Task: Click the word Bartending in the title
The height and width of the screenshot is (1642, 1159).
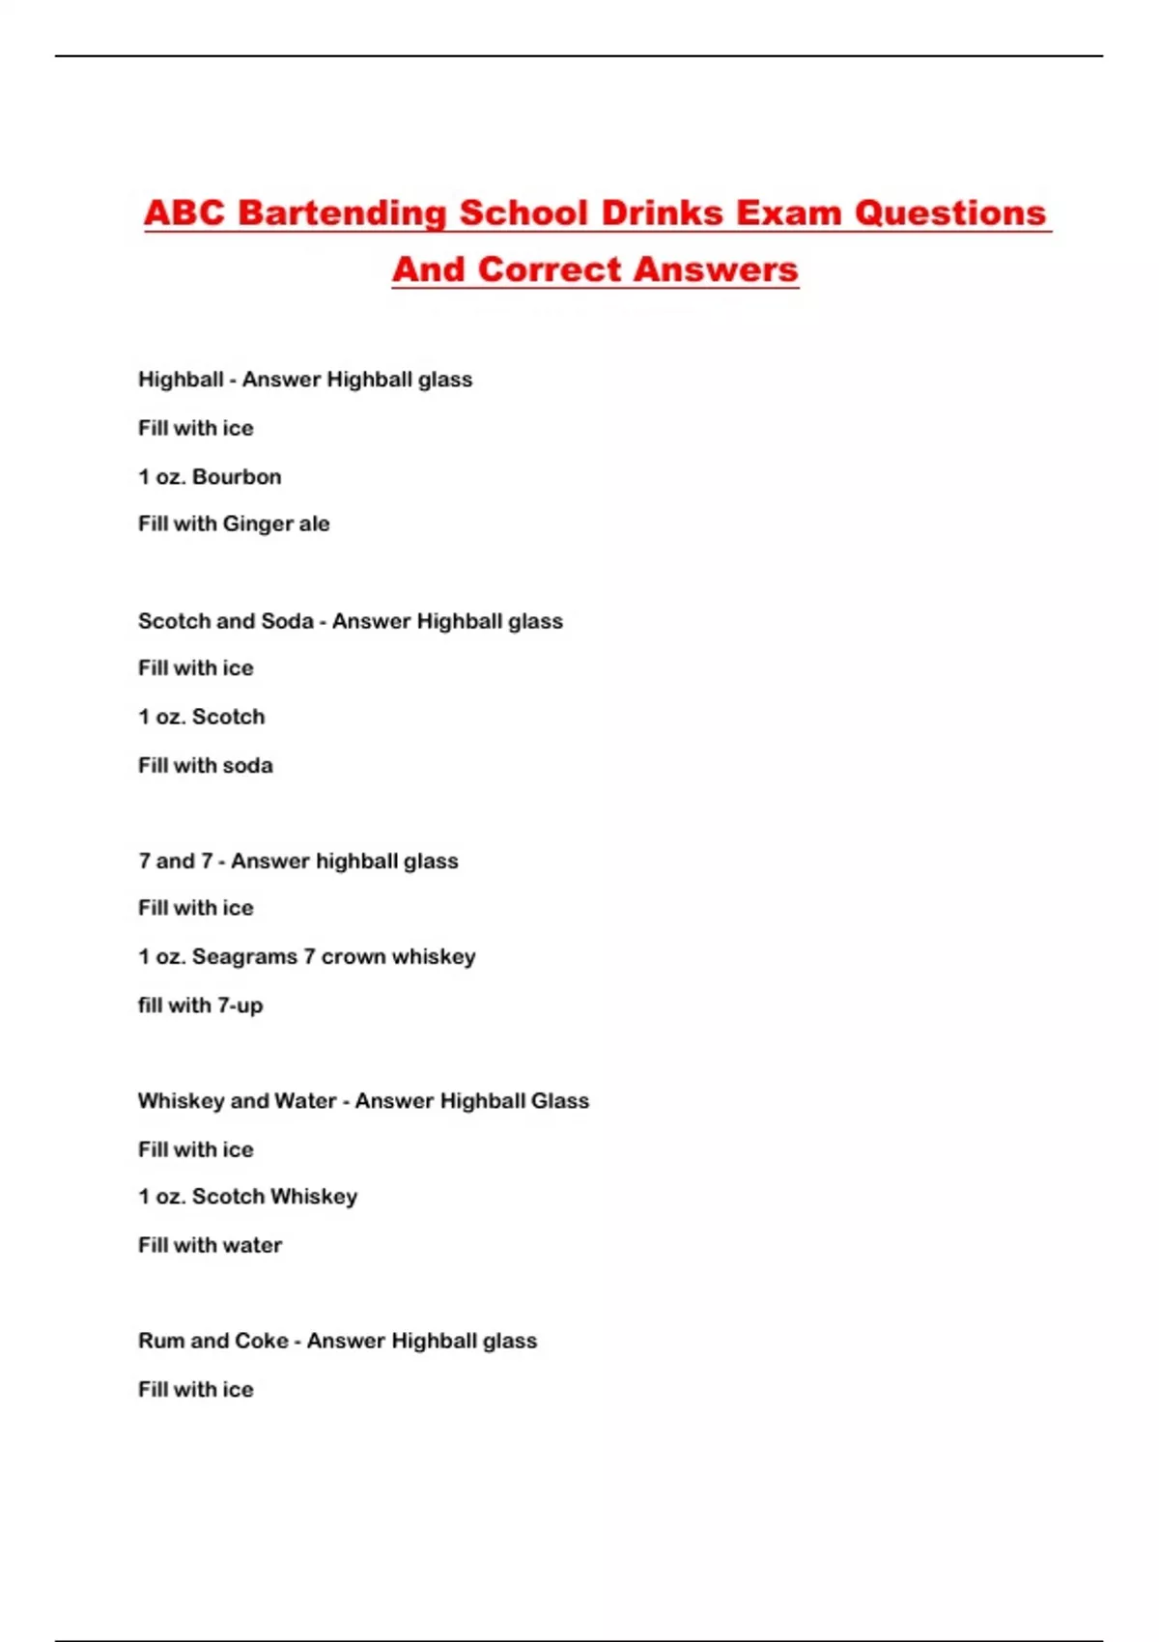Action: (342, 213)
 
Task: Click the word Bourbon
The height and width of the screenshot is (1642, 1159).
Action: (237, 476)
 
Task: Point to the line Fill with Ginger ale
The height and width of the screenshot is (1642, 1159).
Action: (234, 524)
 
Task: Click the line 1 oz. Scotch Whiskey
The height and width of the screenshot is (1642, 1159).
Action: (247, 1197)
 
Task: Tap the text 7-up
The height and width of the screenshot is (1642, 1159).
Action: (240, 1005)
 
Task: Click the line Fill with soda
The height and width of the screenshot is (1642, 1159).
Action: (205, 765)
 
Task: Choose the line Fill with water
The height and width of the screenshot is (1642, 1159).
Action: (210, 1245)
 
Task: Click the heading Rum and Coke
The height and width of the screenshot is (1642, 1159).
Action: (212, 1341)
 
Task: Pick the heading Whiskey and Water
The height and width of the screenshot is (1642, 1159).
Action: (237, 1101)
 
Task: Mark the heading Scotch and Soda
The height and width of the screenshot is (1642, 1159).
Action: (225, 621)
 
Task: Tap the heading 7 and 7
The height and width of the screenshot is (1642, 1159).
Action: (175, 861)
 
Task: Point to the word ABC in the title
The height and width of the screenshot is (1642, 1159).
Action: (184, 213)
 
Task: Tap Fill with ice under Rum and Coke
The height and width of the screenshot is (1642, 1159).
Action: (195, 1389)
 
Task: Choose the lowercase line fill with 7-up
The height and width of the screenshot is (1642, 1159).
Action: (200, 1005)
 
